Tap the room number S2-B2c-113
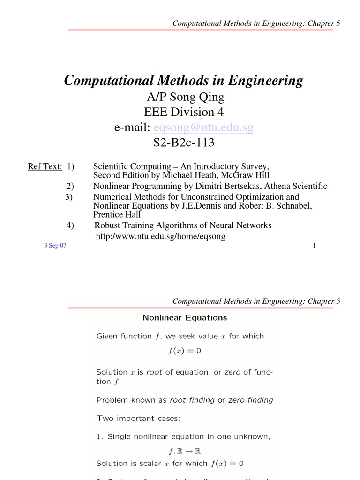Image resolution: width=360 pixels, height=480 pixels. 184,142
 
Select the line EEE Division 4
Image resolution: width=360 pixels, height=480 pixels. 184,112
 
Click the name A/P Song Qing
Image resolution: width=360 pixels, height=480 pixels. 184,97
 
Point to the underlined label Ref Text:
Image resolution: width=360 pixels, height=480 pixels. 45,167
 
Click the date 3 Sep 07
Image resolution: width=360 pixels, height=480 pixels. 55,246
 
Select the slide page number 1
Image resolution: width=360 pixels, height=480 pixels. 314,246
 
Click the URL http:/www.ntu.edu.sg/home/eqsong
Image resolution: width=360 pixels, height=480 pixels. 160,237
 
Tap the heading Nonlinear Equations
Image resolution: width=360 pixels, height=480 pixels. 185,318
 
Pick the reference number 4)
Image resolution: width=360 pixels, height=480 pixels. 70,225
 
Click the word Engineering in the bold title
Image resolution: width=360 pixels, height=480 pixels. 265,81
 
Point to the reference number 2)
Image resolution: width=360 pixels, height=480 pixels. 70,186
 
